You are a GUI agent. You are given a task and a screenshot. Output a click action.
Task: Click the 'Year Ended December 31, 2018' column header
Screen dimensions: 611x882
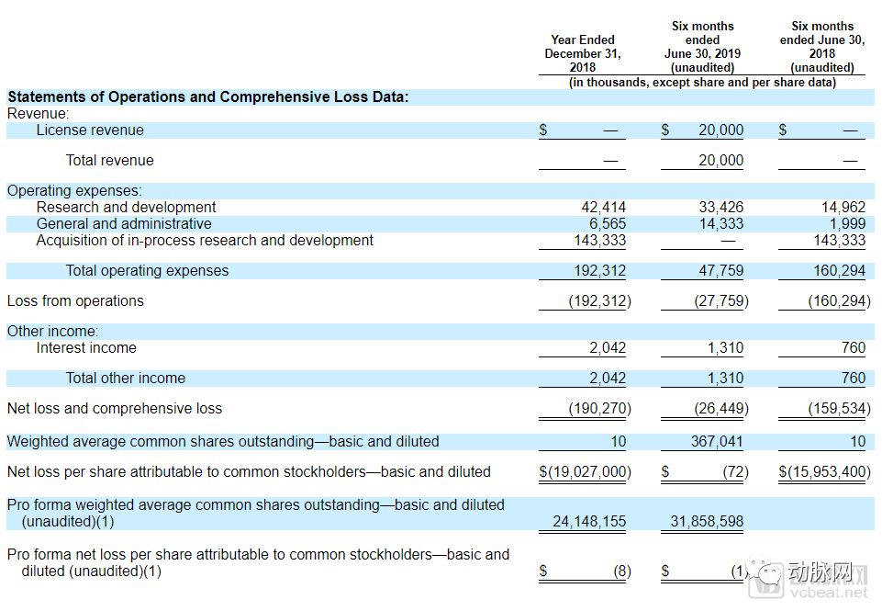click(x=582, y=53)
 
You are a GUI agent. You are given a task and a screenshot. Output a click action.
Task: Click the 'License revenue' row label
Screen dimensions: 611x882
click(x=90, y=130)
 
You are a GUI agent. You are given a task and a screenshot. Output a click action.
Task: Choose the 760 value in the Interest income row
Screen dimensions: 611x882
click(x=853, y=348)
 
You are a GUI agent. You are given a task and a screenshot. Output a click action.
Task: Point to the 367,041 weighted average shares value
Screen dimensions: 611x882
click(x=717, y=442)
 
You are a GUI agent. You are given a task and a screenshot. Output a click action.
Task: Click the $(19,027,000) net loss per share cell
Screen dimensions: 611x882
click(x=585, y=472)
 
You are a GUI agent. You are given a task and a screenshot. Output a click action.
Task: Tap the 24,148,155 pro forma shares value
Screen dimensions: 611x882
click(x=589, y=522)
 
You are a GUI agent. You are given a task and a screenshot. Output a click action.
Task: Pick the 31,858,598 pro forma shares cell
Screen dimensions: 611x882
click(x=707, y=522)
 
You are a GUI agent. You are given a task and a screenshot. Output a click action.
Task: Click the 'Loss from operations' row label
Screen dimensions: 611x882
click(x=75, y=301)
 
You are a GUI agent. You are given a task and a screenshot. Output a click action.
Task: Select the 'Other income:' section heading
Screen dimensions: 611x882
click(x=52, y=332)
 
